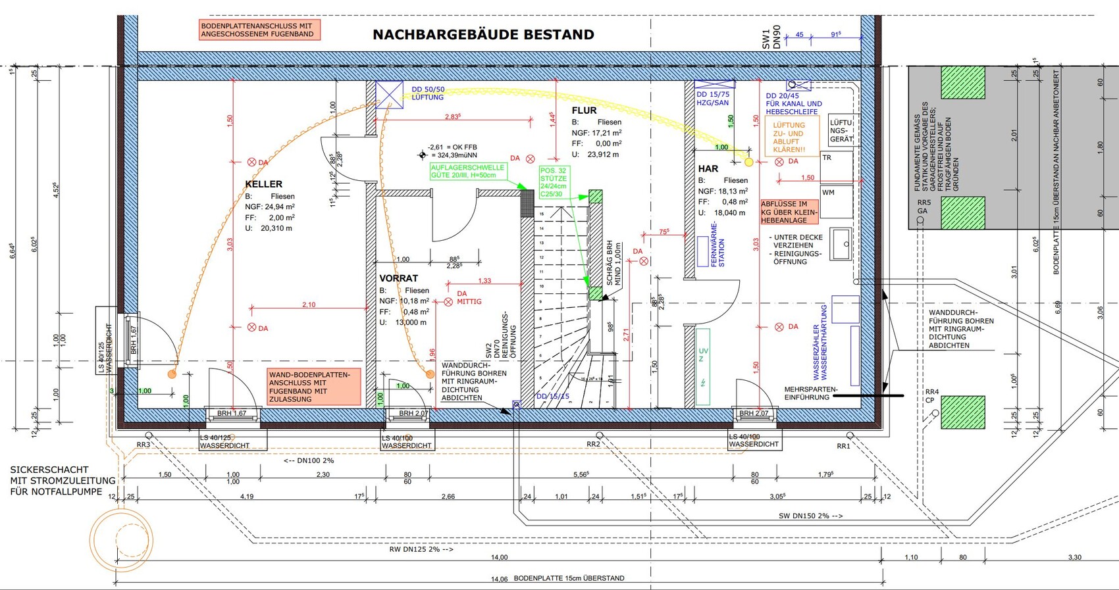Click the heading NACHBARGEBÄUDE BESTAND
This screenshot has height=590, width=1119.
click(483, 35)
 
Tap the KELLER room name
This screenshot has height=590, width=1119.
click(263, 184)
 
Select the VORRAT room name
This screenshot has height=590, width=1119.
click(398, 278)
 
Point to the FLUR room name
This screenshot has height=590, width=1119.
click(584, 111)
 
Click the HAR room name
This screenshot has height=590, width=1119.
click(708, 169)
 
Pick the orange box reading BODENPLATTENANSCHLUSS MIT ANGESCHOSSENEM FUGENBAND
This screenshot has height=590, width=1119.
click(260, 30)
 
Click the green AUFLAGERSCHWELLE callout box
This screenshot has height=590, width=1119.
click(468, 172)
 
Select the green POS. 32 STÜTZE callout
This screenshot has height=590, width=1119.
click(553, 182)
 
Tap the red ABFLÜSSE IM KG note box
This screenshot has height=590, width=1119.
click(789, 212)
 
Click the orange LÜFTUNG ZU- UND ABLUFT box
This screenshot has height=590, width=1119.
click(792, 137)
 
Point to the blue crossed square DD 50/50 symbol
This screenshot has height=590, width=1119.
click(389, 94)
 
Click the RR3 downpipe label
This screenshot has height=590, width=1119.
click(143, 445)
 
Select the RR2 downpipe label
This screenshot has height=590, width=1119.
click(593, 445)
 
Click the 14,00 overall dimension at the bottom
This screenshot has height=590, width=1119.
click(499, 558)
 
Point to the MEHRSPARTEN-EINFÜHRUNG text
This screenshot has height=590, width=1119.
click(811, 393)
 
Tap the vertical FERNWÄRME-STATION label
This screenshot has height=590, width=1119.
click(717, 244)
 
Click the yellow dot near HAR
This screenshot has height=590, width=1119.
click(749, 162)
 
